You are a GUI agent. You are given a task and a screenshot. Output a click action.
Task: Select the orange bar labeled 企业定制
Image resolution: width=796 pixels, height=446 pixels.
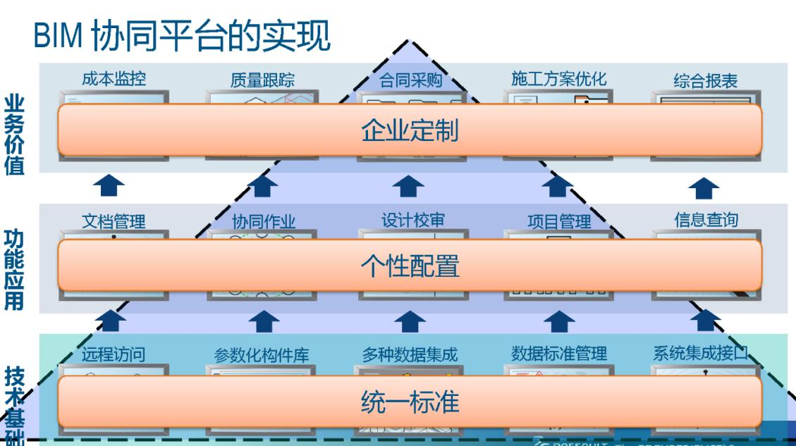409,130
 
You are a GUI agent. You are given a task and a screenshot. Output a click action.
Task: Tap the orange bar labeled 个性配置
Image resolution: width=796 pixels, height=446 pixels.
409,265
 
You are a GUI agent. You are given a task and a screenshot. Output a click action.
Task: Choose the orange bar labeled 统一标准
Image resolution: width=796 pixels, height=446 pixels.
409,402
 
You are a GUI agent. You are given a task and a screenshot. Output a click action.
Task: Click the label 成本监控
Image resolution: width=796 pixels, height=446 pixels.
114,79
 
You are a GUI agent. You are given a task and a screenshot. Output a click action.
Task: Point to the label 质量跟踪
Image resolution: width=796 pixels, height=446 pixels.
262,80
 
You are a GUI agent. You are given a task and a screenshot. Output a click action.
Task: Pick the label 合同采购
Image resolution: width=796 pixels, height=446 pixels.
410,80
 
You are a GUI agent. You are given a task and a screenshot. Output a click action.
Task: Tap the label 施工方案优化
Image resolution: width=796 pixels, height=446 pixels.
558,79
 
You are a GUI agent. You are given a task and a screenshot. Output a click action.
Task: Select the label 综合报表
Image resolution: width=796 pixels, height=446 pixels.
705,80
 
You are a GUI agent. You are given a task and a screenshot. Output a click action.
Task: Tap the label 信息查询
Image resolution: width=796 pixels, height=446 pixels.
706,219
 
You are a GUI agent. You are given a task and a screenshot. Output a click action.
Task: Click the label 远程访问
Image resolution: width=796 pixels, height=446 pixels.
114,354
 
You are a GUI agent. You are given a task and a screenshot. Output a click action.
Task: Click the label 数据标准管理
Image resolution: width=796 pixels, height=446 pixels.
558,354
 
